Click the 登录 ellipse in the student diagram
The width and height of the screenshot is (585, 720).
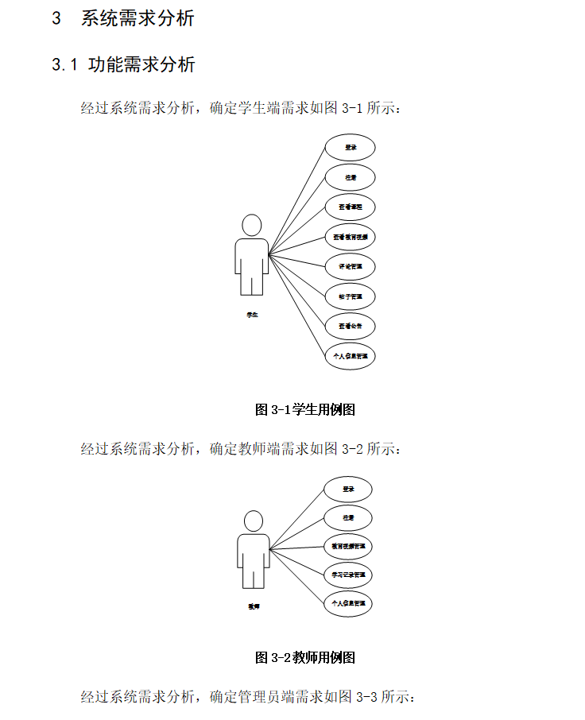(350, 148)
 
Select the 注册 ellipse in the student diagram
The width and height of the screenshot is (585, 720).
(350, 177)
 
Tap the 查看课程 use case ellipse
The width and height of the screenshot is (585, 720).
(350, 207)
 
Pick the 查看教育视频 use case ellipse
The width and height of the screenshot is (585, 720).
(350, 237)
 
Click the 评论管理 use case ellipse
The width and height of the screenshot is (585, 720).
(350, 266)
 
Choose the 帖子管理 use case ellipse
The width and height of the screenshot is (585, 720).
(350, 296)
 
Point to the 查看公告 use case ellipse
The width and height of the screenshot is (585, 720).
(350, 326)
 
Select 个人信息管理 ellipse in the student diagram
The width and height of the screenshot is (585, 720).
(350, 356)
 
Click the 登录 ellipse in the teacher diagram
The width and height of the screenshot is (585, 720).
(348, 490)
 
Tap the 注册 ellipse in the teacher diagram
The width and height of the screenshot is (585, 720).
(348, 518)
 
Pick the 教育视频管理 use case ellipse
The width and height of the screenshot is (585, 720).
(348, 547)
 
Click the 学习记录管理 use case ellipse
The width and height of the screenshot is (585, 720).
(348, 575)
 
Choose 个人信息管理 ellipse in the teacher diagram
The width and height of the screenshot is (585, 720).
(348, 604)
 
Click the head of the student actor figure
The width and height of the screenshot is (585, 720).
(252, 225)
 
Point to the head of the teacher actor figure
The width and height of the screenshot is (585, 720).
(254, 521)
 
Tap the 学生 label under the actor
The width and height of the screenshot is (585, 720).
(252, 315)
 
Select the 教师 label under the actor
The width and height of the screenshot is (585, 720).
(254, 606)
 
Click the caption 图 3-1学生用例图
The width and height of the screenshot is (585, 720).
(304, 410)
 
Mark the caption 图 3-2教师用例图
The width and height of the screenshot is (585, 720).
(304, 657)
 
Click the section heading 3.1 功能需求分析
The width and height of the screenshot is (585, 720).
(123, 65)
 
